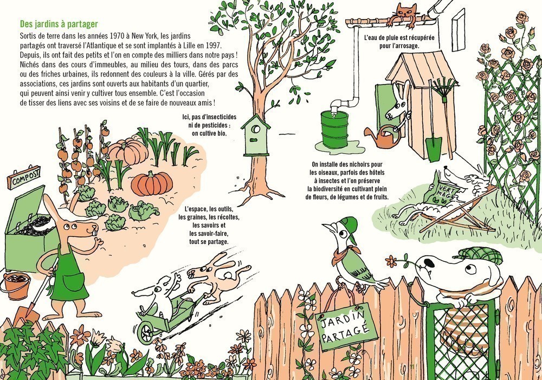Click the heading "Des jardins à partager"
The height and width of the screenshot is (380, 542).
point(59,24)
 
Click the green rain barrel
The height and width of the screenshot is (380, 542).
point(334,130)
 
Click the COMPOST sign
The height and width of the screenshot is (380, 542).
point(23,178)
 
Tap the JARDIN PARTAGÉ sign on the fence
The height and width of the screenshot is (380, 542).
point(342,326)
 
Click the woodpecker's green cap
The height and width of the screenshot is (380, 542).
point(349,225)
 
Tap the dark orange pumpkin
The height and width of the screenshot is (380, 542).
point(152,183)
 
